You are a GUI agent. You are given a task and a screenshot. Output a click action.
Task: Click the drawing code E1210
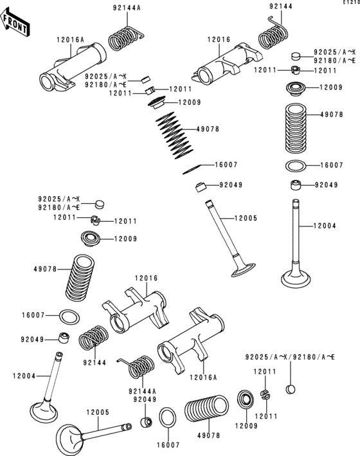tap(350, 4)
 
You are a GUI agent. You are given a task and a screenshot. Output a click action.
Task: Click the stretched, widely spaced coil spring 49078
tap(172, 134)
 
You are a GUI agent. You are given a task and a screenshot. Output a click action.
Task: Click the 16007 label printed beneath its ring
tap(168, 444)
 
